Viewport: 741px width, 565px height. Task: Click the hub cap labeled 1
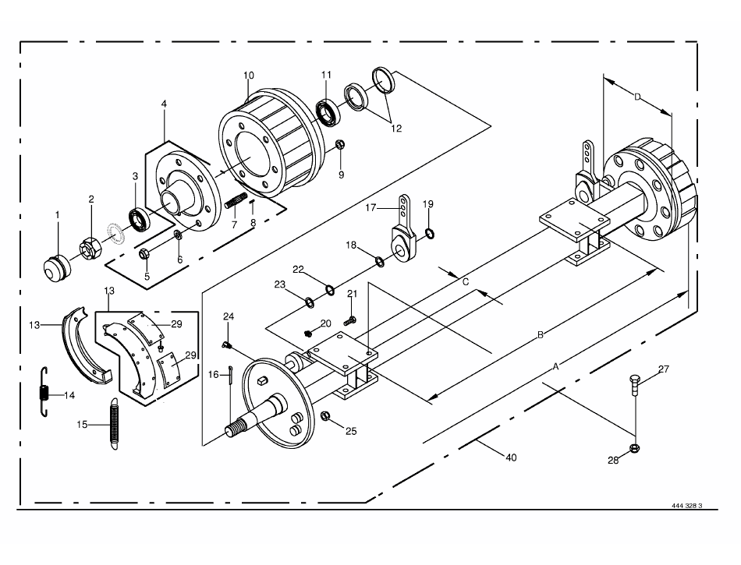coord(57,269)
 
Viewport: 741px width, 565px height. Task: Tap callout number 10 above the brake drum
coord(249,76)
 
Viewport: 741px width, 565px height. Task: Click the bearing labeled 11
coord(328,111)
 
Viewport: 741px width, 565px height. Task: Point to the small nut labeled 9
coord(340,145)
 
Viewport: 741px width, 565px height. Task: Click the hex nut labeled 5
coord(144,254)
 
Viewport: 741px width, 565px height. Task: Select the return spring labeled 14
coord(44,392)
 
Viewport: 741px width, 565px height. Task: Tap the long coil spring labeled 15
coord(114,424)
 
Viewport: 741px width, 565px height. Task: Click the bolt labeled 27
coord(635,386)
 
